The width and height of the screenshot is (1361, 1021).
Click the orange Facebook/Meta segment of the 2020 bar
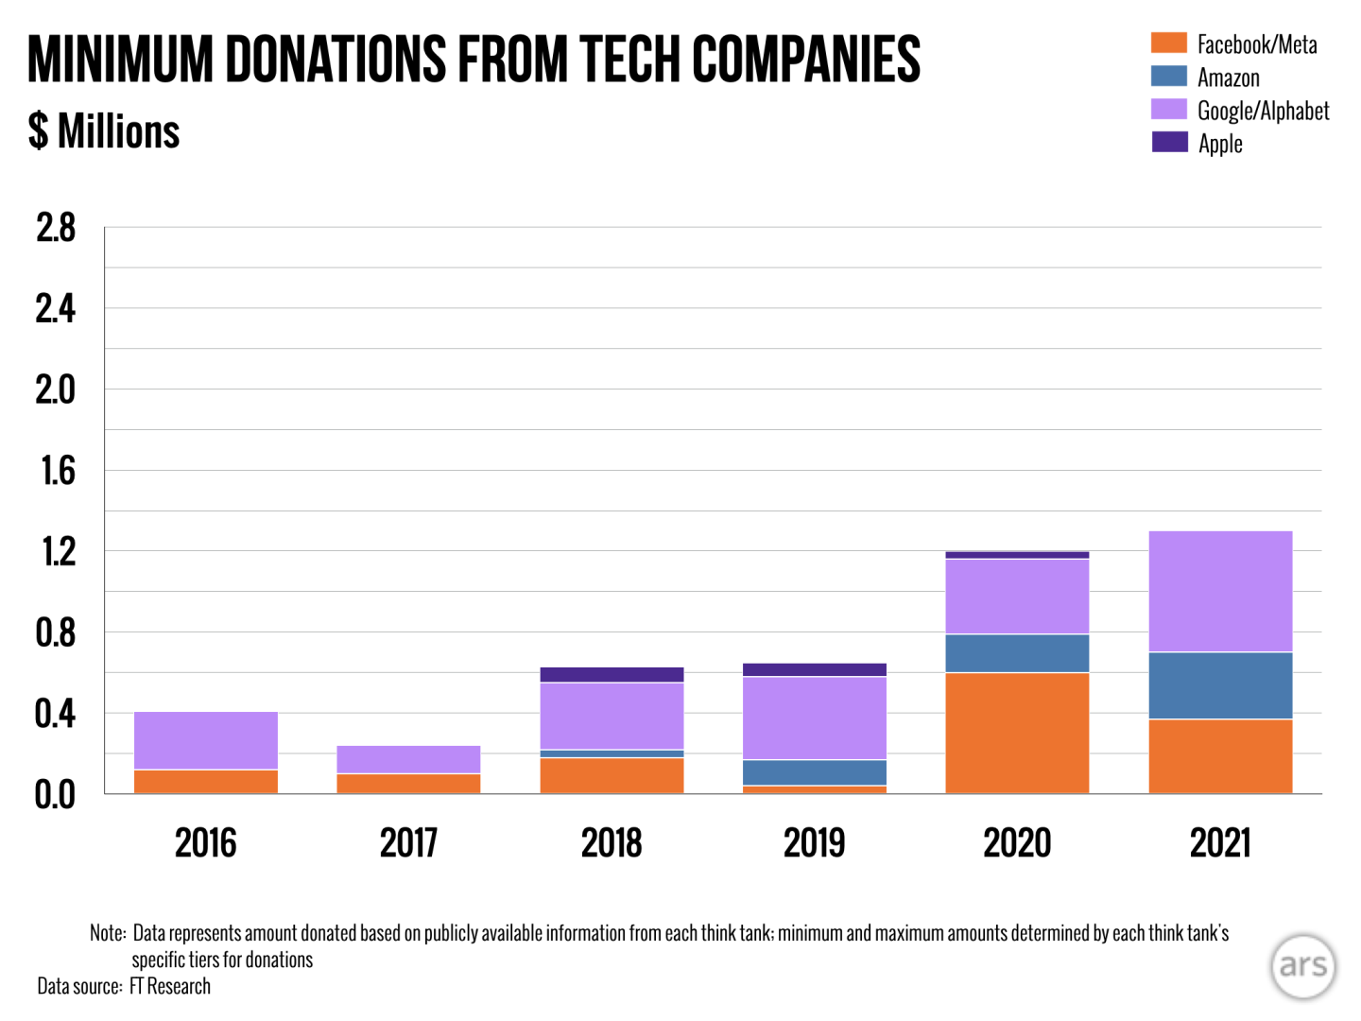[x=1017, y=733]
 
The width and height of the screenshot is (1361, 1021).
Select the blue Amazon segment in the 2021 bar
[x=1220, y=685]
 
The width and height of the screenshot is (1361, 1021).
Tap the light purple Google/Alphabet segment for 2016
[x=206, y=740]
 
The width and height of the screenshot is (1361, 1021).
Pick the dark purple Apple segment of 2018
[x=612, y=675]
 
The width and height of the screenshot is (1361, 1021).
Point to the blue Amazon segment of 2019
[x=815, y=772]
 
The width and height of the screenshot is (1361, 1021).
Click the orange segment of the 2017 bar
[x=408, y=784]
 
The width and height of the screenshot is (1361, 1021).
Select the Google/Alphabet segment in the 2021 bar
[x=1220, y=591]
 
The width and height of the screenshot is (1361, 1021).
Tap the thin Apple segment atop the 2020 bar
[x=1017, y=555]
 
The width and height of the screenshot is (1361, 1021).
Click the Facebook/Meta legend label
[x=1256, y=44]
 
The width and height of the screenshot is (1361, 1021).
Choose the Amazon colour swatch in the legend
[x=1169, y=77]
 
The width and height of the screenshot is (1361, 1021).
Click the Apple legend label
[x=1220, y=144]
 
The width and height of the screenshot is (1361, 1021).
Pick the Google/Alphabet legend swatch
[x=1169, y=110]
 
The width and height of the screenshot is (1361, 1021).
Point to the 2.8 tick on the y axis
[x=55, y=228]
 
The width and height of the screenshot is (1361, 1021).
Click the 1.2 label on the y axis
[x=57, y=552]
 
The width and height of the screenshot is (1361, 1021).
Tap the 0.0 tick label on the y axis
[x=55, y=795]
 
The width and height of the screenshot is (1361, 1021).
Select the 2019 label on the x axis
[x=815, y=842]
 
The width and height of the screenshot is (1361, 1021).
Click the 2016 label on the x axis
[x=206, y=842]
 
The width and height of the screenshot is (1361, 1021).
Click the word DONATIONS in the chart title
[x=336, y=60]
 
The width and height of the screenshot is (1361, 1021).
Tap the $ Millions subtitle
[x=104, y=131]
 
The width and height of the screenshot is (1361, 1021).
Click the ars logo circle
[x=1303, y=966]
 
